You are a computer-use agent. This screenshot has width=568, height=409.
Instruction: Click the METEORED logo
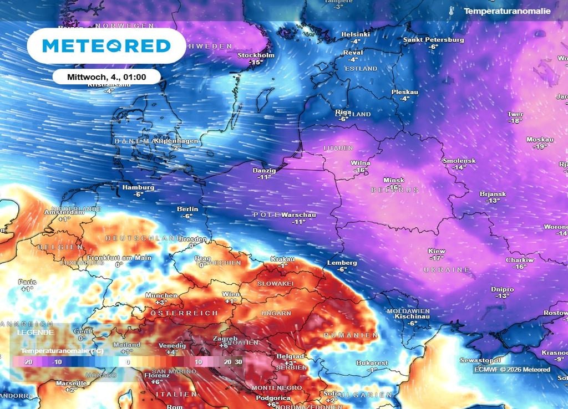(106, 45)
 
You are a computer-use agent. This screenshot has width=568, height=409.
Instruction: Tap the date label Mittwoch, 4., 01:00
(106, 76)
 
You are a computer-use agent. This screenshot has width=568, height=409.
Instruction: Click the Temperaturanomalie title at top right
(507, 11)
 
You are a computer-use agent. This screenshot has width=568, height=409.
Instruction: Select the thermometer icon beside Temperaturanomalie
(452, 11)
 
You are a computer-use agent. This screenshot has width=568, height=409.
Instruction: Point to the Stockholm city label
(256, 55)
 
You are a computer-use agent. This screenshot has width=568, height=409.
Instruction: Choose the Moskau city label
(540, 140)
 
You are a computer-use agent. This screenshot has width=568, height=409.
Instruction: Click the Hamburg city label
(138, 187)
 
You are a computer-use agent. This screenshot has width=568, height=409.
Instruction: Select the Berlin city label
(187, 209)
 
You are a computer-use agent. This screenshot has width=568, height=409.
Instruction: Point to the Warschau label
(298, 215)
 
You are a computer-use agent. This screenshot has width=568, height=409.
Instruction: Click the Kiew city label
(437, 252)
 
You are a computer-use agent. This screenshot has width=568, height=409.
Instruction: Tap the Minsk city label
(393, 181)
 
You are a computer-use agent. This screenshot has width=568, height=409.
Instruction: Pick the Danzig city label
(263, 170)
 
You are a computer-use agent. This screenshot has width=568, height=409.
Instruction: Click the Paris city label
(27, 282)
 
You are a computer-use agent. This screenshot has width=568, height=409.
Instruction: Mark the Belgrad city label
(290, 356)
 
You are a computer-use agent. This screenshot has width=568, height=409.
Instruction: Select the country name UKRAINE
(447, 269)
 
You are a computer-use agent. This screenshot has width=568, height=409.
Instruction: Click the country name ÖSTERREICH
(181, 313)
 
